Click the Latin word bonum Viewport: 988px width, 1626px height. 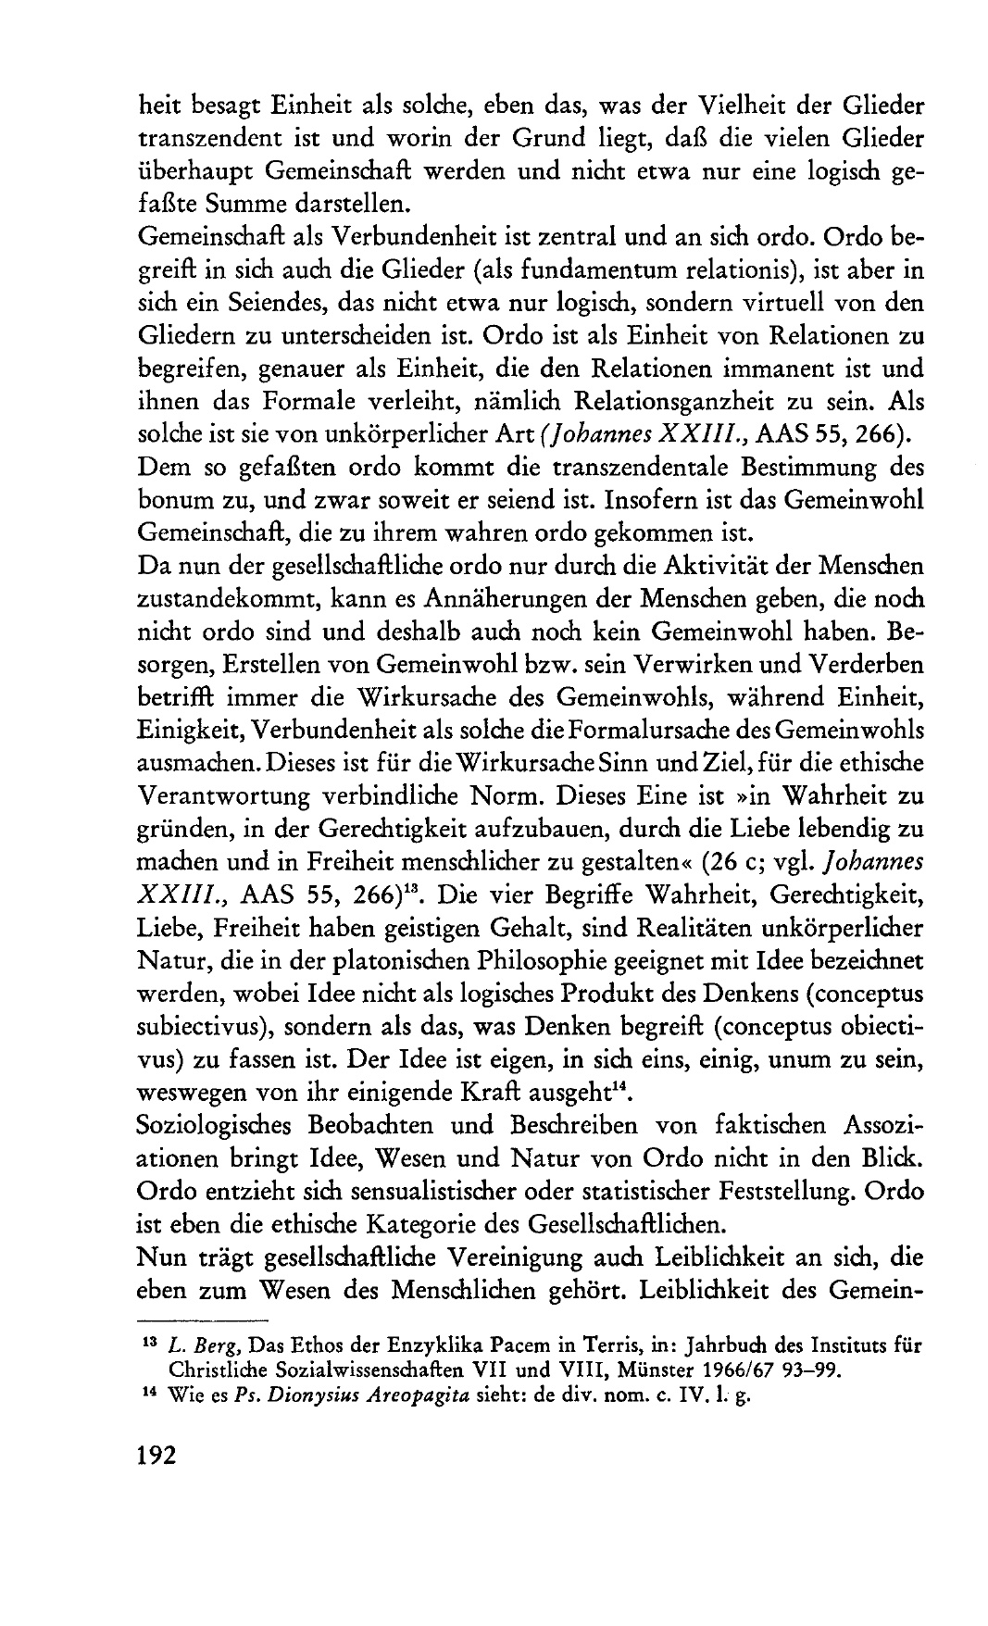coord(177,500)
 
